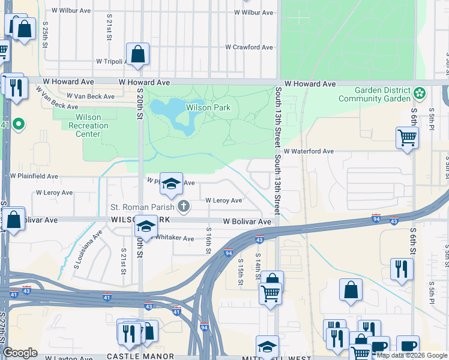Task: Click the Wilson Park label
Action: tap(208, 108)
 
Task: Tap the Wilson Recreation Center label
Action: tap(88, 125)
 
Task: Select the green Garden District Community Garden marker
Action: tap(419, 94)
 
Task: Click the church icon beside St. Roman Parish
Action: tap(184, 207)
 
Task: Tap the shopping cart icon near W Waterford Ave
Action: tap(407, 138)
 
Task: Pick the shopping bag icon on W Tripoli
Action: tap(137, 54)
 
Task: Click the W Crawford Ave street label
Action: tap(249, 47)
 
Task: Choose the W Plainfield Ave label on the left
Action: tap(34, 176)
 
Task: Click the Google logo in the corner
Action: tap(20, 352)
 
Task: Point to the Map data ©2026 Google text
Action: tap(412, 355)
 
